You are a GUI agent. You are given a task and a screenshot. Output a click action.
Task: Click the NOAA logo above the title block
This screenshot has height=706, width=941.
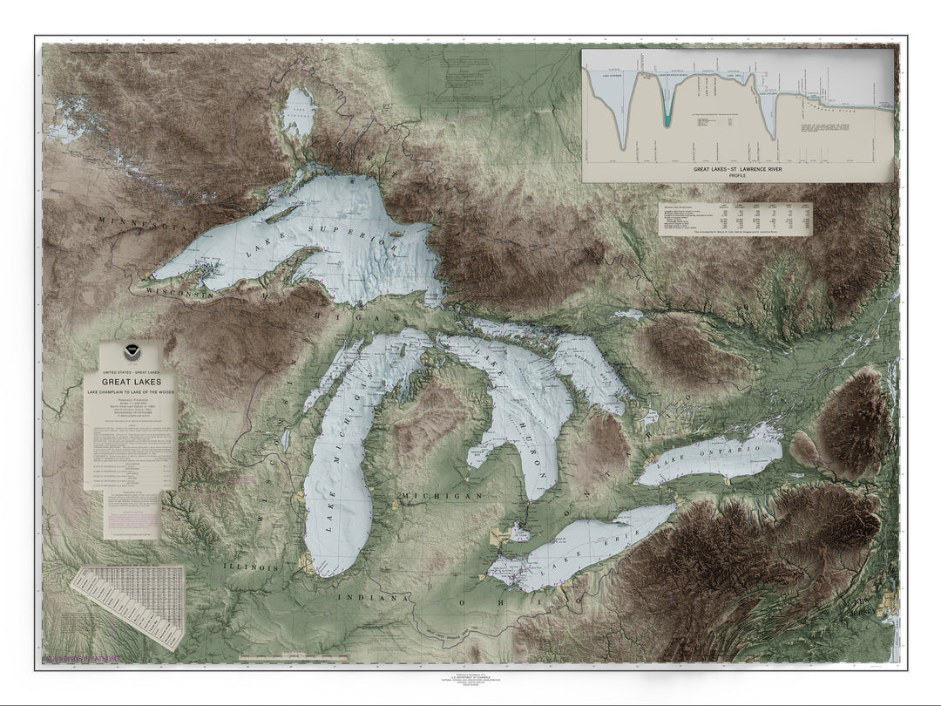pos(130,356)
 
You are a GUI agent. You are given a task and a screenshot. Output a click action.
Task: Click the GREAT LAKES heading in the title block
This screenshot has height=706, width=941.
pos(131,382)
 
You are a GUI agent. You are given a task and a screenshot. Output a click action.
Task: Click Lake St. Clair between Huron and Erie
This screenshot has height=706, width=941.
pos(518,531)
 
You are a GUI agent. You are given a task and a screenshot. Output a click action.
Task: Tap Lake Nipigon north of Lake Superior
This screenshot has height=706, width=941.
pos(298,113)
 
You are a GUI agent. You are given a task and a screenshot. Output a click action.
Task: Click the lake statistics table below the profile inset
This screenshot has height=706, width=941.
pos(735,220)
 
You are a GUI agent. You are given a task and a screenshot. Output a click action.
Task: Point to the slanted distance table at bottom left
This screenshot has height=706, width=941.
pos(128,606)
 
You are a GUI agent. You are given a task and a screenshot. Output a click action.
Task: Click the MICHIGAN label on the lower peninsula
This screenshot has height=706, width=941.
pos(441,495)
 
